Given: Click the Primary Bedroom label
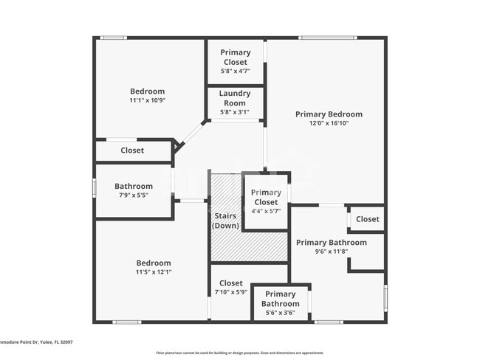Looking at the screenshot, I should click(329, 114).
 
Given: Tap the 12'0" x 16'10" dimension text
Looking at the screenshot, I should click(329, 123).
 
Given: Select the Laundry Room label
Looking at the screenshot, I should click(235, 98).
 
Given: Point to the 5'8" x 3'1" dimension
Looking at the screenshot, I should click(235, 113).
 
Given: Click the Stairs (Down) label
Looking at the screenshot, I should click(225, 221).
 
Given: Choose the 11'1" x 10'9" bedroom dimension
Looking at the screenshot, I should click(148, 100).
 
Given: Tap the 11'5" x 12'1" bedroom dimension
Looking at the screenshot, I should click(154, 272).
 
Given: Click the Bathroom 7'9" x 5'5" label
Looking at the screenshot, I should click(134, 187).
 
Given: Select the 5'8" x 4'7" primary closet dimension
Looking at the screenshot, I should click(236, 71).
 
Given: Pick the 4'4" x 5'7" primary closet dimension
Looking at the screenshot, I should click(266, 212).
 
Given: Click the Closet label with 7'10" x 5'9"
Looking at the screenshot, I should click(231, 283).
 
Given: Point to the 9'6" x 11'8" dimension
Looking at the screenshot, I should click(331, 252).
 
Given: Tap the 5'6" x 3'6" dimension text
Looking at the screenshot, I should click(281, 313).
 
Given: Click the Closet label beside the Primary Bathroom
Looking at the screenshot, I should click(367, 219).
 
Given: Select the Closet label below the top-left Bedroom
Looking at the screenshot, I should click(133, 150).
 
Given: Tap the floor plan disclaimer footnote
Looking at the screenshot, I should click(239, 353).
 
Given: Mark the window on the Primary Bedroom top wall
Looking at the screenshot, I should click(327, 38).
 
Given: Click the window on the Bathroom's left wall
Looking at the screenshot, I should click(94, 188).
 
